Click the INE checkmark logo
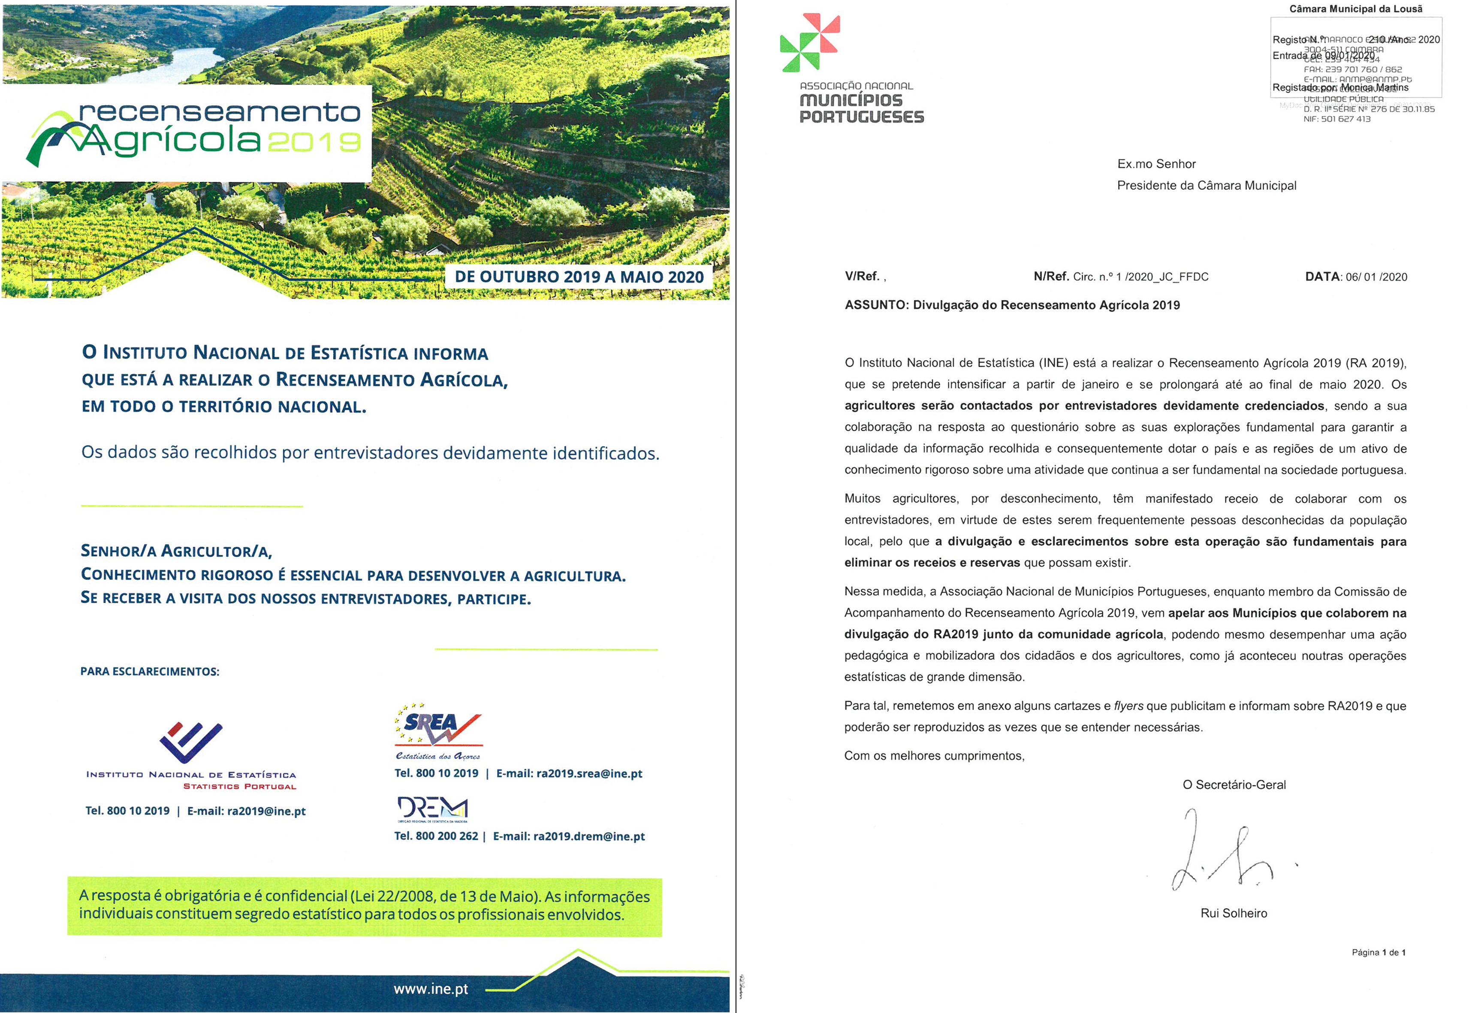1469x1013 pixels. pos(190,742)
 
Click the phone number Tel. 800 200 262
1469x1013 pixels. pos(436,836)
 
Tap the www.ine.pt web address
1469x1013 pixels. pos(431,989)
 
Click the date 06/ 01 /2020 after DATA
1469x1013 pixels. pos(1375,277)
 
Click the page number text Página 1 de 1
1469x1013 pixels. pos(1378,952)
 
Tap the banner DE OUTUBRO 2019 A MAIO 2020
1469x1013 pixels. pos(579,277)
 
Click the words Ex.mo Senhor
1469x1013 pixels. pos(1156,164)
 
